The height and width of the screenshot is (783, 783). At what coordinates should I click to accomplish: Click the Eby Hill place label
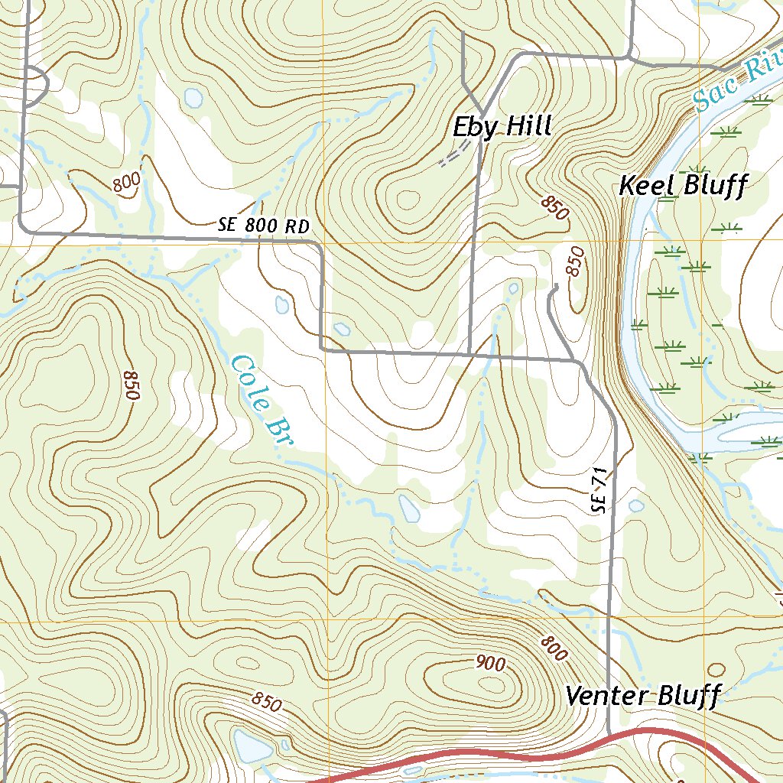pyautogui.click(x=502, y=126)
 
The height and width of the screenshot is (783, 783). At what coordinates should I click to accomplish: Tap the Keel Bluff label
pyautogui.click(x=681, y=186)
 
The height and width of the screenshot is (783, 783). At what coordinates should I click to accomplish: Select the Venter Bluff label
pyautogui.click(x=643, y=697)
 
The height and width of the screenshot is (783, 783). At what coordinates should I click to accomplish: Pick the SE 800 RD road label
pyautogui.click(x=265, y=226)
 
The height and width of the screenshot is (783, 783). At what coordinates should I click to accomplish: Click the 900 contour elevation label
pyautogui.click(x=489, y=664)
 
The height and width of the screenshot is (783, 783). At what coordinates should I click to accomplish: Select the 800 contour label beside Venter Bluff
pyautogui.click(x=554, y=649)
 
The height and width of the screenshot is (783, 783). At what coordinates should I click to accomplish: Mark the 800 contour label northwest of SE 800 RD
pyautogui.click(x=126, y=184)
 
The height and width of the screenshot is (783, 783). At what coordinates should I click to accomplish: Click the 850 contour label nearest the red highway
pyautogui.click(x=265, y=702)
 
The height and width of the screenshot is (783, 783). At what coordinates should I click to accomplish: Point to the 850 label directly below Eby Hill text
pyautogui.click(x=555, y=208)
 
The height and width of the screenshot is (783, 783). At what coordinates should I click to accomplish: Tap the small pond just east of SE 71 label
pyautogui.click(x=635, y=505)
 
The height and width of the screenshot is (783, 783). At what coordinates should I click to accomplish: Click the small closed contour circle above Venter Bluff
pyautogui.click(x=716, y=670)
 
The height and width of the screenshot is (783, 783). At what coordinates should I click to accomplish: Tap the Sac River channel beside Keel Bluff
pyautogui.click(x=633, y=252)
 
